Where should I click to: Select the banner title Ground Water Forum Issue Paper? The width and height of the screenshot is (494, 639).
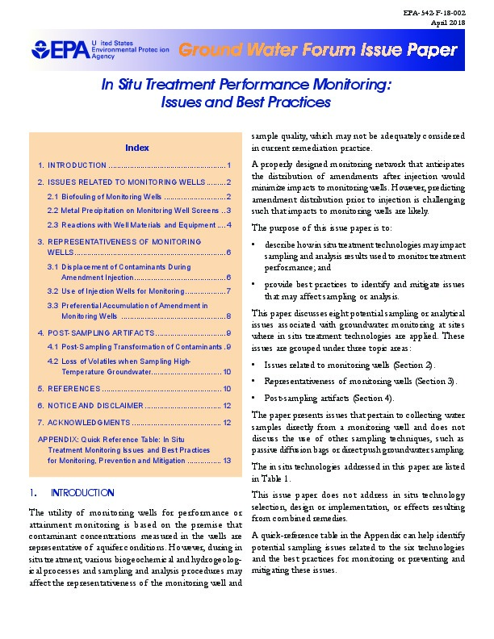tap(318, 50)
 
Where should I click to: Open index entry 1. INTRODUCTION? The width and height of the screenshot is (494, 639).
tap(133, 165)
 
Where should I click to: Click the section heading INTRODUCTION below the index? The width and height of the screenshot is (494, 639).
tap(82, 492)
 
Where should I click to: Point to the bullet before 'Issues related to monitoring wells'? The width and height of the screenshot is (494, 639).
tap(254, 365)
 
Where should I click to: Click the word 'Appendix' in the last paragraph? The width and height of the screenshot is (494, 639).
tap(386, 537)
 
